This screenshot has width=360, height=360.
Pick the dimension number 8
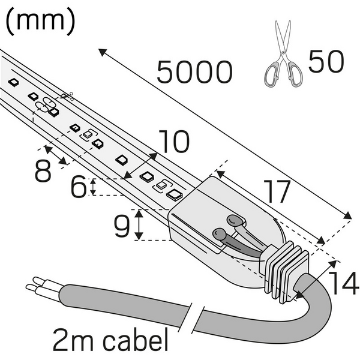43,171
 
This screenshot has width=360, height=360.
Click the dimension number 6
77,188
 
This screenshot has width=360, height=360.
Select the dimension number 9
122,225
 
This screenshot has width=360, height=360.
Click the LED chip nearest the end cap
175,194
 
